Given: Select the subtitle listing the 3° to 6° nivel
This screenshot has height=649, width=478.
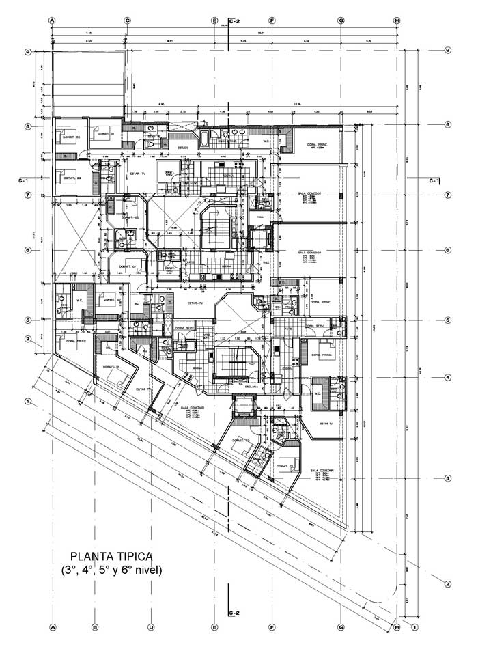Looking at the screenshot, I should [x=111, y=570].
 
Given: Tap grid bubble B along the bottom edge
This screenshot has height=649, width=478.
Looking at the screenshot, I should [x=96, y=626].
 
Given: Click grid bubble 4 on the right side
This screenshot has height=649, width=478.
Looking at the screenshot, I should [x=447, y=377].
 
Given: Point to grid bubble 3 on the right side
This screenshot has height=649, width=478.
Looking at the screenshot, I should [x=447, y=478].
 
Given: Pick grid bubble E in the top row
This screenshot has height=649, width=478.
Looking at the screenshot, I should [x=214, y=20].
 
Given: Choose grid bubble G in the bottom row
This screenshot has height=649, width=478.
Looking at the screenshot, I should [x=340, y=626].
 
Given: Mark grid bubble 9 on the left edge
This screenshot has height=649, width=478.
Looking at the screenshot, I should [x=28, y=51].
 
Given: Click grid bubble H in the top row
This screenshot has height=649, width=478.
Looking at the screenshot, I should [x=396, y=20].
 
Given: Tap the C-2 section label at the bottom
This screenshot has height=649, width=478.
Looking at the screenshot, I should [x=233, y=613].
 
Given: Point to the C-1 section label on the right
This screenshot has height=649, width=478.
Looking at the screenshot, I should [x=433, y=180].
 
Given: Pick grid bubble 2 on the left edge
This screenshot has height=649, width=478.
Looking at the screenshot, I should [x=28, y=339].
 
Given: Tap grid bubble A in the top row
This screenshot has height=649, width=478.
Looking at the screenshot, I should [x=52, y=20].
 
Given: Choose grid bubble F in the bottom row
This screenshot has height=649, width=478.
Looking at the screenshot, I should [x=272, y=626].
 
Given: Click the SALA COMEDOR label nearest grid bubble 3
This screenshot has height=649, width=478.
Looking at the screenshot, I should [x=321, y=471].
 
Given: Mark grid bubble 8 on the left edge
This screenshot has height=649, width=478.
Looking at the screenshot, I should [x=28, y=126].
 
